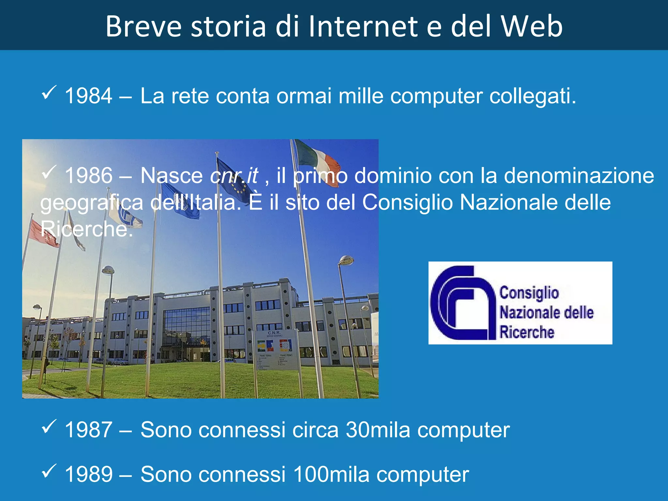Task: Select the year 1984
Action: tap(88, 96)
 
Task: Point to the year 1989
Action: tap(88, 474)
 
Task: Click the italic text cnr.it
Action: tap(234, 176)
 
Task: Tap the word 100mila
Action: tap(331, 474)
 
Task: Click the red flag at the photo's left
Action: tap(42, 233)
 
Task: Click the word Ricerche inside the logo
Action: tap(527, 332)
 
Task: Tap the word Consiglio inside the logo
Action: tap(529, 293)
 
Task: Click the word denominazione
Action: tap(579, 176)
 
